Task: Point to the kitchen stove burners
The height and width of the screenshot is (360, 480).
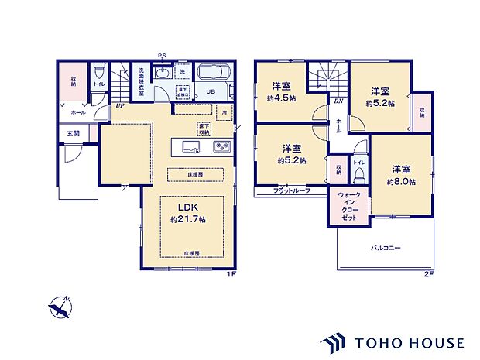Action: [221, 146]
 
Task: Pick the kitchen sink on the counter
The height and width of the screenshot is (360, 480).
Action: [191, 146]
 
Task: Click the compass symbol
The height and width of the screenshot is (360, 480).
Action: [59, 307]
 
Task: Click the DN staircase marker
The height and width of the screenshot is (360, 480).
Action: [338, 101]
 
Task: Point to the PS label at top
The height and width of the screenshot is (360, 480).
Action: [162, 55]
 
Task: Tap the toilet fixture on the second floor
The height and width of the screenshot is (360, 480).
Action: [359, 176]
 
